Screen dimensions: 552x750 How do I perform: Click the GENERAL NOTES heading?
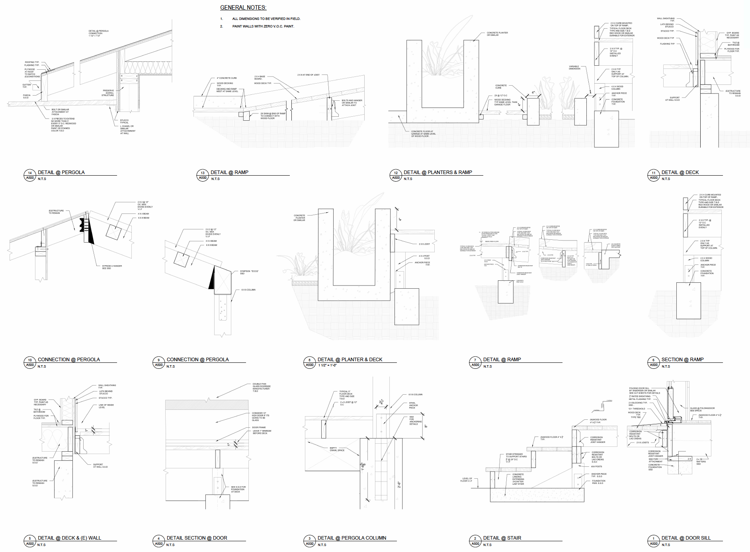(243, 8)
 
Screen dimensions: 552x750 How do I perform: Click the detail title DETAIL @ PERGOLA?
(61, 172)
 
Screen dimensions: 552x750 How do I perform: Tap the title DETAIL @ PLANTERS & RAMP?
(437, 172)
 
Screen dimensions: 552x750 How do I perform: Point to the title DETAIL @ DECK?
(680, 172)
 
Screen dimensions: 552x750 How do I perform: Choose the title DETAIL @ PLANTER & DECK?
(350, 360)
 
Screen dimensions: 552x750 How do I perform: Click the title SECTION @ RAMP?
(682, 360)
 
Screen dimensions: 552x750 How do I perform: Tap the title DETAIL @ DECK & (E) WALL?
(69, 538)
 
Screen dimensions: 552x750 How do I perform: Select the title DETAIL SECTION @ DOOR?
(197, 538)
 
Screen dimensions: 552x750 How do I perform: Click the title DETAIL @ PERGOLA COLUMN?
(352, 538)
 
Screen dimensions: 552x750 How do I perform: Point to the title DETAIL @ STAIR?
(502, 538)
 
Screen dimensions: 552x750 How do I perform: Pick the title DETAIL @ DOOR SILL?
(686, 538)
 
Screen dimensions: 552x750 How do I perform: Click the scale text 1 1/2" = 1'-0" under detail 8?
(327, 366)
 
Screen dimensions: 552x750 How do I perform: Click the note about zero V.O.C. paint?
(263, 26)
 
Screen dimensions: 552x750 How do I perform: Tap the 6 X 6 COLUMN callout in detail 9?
(248, 290)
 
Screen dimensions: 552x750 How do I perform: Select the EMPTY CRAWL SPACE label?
(337, 449)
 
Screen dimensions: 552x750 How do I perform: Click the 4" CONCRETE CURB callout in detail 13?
(227, 78)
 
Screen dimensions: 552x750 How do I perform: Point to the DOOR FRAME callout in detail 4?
(259, 427)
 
